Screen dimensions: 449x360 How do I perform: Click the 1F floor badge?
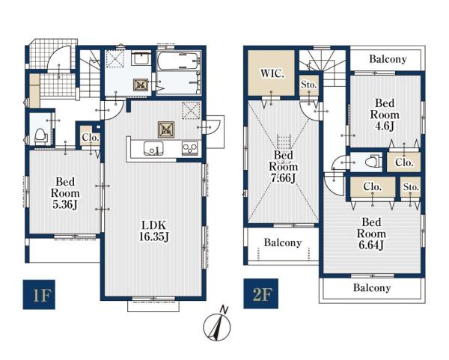coord(39,294)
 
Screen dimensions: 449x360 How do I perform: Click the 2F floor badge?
coord(260,293)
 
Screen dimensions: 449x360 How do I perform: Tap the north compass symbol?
coord(217,326)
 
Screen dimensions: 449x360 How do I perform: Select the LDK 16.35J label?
coord(154,231)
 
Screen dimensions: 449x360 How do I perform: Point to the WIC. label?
coord(272,73)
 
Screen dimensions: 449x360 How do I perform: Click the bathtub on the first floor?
coord(178,61)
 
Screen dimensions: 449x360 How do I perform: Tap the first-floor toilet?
coord(40,136)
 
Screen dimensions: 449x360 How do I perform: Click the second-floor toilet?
coord(373,162)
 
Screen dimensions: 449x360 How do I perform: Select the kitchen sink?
coord(153,149)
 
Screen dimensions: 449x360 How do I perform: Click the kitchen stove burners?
coord(190,149)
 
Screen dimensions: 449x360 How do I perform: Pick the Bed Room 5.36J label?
coord(65,193)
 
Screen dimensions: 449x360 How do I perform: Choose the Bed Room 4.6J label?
coord(385,115)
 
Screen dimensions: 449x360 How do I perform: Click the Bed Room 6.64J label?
coord(371,234)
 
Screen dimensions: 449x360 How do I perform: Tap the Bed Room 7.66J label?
coord(283,166)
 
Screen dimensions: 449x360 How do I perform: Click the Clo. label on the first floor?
coord(91,138)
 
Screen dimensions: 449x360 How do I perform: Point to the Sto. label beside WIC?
coord(309,85)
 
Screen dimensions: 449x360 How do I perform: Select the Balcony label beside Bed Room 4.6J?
coord(388,59)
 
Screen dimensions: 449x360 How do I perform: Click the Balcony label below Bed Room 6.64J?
coord(372,287)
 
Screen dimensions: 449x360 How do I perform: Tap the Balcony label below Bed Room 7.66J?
coord(283,242)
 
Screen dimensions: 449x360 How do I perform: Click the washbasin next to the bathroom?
coord(141,58)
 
